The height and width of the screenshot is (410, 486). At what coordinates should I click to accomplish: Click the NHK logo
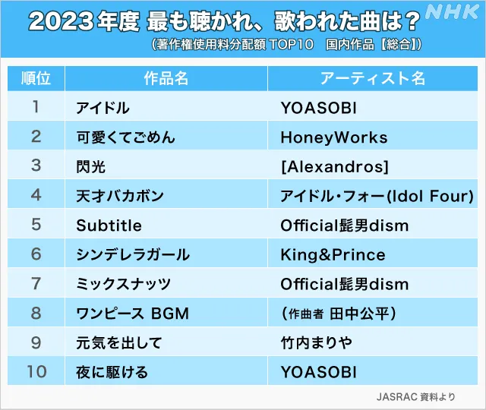[x=452, y=12]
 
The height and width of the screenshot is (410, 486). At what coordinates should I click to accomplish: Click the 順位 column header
[x=36, y=78]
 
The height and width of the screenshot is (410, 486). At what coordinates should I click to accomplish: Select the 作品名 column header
[x=166, y=78]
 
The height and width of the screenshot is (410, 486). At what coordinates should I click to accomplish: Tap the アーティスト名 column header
[x=373, y=78]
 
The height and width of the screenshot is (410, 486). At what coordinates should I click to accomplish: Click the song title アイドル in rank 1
[x=103, y=108]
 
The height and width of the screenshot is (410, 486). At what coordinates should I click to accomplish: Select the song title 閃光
[x=91, y=167]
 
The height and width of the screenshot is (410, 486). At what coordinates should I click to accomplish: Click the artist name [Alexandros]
[x=335, y=167]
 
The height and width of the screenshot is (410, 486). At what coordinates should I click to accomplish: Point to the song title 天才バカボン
[x=120, y=196]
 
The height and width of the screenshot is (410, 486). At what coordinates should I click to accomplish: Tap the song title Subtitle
[x=109, y=225]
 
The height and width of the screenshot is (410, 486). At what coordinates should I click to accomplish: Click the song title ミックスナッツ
[x=123, y=284]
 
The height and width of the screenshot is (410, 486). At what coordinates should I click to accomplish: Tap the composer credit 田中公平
[x=359, y=314]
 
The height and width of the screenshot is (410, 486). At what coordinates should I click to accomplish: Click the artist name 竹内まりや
[x=317, y=342]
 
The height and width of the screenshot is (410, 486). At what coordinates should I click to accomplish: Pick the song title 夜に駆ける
[x=112, y=372]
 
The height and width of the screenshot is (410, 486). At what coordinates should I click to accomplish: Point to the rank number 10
[x=36, y=371]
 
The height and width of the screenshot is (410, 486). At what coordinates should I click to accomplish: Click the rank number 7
[x=36, y=283]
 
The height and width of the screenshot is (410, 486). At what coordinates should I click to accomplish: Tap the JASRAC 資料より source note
[x=415, y=396]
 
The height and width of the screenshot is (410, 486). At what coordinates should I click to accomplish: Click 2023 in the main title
[x=61, y=21]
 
